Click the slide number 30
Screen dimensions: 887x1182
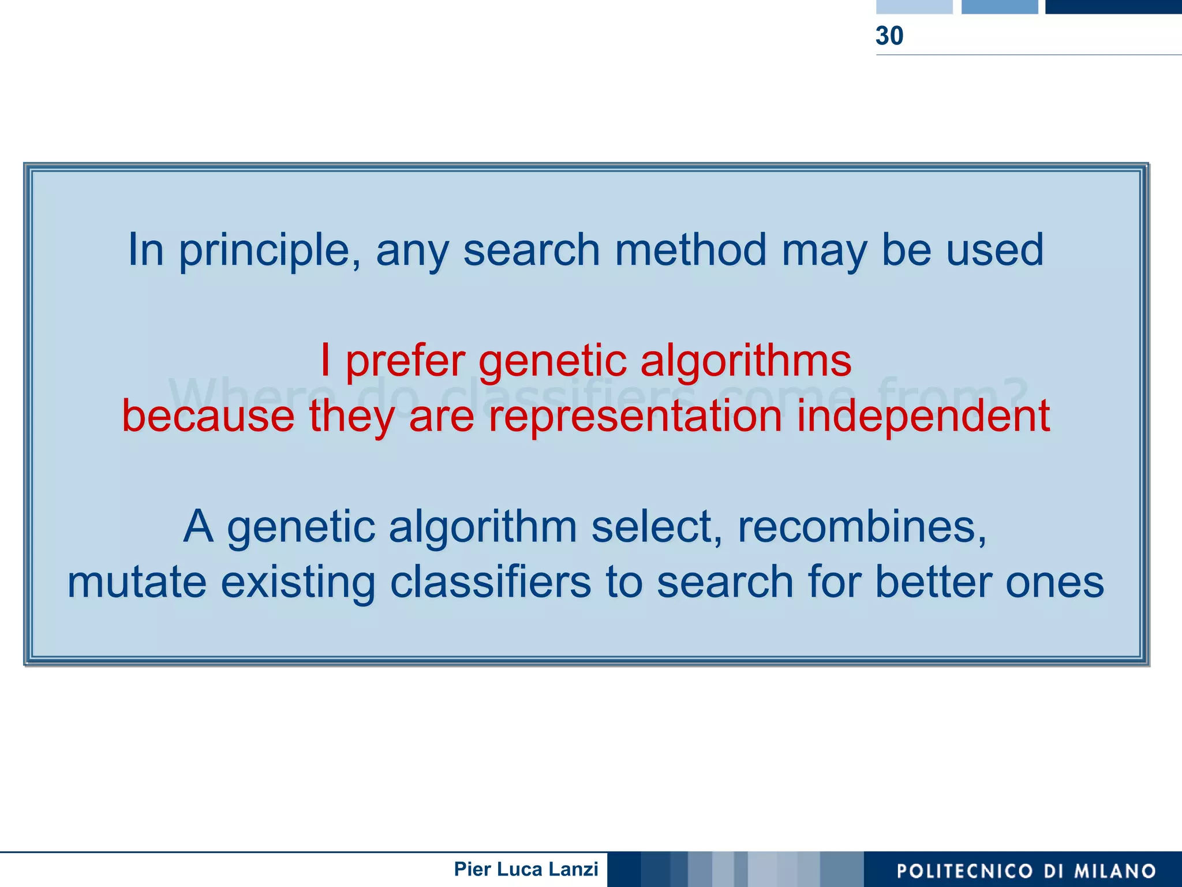[x=889, y=36]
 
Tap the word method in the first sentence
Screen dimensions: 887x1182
[x=690, y=250]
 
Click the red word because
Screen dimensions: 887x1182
[x=208, y=416]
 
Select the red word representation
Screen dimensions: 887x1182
[x=635, y=416]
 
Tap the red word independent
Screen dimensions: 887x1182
[x=923, y=416]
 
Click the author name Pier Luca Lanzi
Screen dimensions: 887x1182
[x=526, y=869]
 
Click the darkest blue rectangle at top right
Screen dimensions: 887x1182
[x=1113, y=6]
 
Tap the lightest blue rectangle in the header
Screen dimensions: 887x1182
[x=914, y=6]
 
